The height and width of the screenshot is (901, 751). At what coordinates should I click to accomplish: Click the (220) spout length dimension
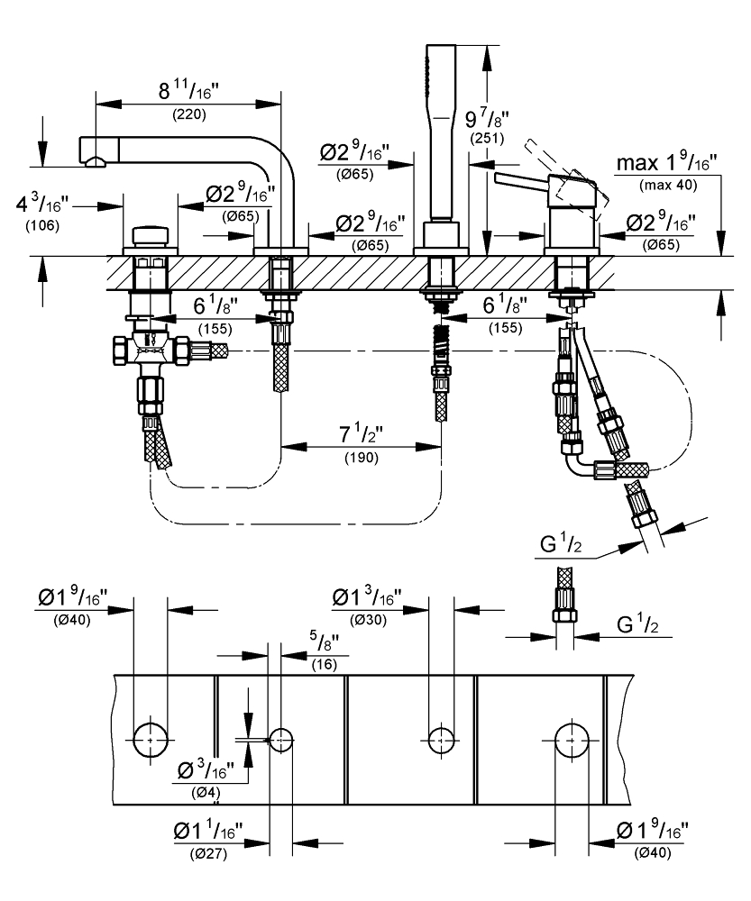[189, 114]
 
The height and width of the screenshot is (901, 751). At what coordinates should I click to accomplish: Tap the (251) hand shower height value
[487, 139]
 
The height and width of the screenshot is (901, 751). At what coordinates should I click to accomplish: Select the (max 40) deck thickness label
[668, 185]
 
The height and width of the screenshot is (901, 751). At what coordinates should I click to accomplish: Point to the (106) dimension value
[42, 225]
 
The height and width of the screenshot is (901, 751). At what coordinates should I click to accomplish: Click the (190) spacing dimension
[362, 458]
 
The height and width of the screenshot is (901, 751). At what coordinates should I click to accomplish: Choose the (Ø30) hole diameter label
[368, 621]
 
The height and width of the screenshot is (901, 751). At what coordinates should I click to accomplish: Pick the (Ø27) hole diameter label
[209, 854]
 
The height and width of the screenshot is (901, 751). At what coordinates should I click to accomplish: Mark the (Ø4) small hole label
[206, 793]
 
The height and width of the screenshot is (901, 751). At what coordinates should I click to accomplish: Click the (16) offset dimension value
[325, 665]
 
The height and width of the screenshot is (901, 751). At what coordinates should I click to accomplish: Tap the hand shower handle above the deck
[441, 132]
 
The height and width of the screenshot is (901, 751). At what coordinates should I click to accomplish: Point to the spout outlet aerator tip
[96, 162]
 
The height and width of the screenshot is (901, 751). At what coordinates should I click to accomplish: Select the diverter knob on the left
[151, 236]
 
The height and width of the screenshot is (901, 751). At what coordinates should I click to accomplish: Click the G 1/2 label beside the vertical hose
[637, 624]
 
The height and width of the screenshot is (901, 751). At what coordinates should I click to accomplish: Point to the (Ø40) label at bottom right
[654, 853]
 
